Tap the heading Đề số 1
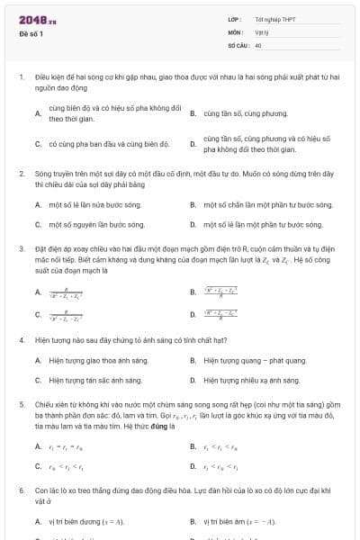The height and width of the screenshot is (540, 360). (x=31, y=33)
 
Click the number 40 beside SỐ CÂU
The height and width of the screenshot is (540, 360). (x=258, y=44)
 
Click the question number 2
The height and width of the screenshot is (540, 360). (x=21, y=171)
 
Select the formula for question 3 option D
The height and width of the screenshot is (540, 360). (x=220, y=314)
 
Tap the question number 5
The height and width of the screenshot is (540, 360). (x=21, y=405)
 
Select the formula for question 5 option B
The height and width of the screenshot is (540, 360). (x=221, y=446)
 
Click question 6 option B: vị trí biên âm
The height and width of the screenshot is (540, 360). (x=239, y=521)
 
